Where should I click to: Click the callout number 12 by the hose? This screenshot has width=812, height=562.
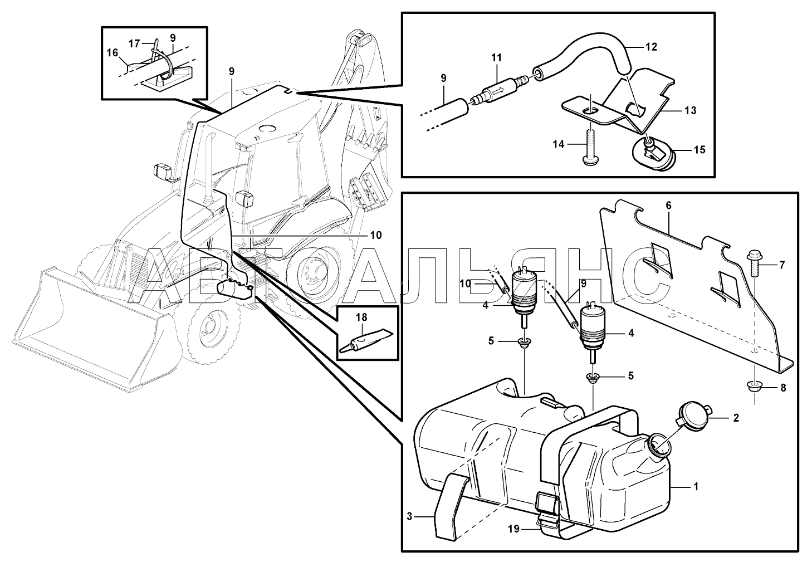(651, 47)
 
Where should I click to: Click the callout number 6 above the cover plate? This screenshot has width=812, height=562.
(668, 206)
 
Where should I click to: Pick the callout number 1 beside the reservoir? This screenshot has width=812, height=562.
(695, 486)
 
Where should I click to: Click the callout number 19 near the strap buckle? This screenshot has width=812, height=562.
(513, 529)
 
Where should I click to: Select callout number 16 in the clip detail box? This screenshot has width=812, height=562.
(112, 53)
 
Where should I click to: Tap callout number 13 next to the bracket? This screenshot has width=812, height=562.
(691, 111)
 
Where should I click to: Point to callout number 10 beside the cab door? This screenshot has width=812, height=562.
(376, 235)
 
